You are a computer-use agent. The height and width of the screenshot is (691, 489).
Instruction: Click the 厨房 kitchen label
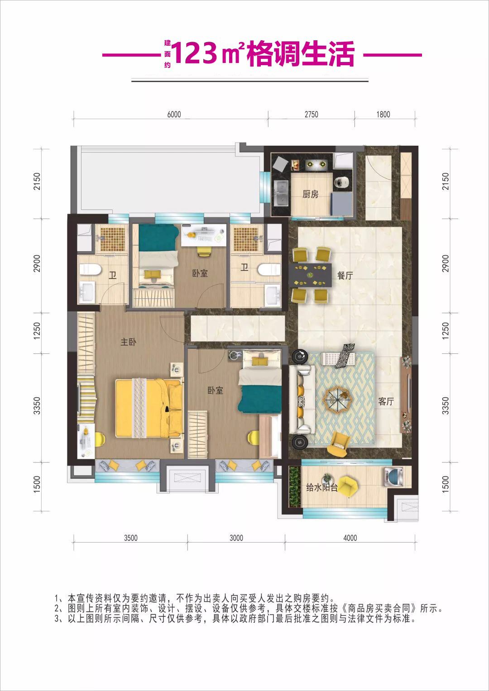pyautogui.click(x=310, y=194)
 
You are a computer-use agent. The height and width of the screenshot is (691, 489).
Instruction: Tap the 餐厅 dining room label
pyautogui.click(x=345, y=276)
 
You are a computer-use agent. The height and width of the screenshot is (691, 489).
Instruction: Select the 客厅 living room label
pyautogui.click(x=386, y=401)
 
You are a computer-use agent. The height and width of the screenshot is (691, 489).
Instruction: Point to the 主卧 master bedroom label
pyautogui.click(x=128, y=342)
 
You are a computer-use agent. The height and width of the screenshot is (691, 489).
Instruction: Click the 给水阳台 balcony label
pyautogui.click(x=321, y=488)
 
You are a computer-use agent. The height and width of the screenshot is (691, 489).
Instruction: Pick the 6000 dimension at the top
pyautogui.click(x=174, y=114)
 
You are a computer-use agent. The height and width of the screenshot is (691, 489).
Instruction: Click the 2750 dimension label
pyautogui.click(x=311, y=114)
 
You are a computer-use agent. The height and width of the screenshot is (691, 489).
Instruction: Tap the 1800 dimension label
pyautogui.click(x=383, y=114)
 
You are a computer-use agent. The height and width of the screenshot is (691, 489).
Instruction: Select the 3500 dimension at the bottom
pyautogui.click(x=130, y=538)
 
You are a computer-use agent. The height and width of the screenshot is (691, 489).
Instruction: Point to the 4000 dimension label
pyautogui.click(x=350, y=538)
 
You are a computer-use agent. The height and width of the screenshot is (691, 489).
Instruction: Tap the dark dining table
pyautogui.click(x=310, y=275)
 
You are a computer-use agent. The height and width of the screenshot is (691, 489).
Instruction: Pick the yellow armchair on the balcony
pyautogui.click(x=348, y=486)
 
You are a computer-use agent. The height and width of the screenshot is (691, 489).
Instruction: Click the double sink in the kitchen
pyautogui.click(x=281, y=192)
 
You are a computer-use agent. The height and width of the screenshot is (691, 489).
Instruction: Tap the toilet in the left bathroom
pyautogui.click(x=90, y=270)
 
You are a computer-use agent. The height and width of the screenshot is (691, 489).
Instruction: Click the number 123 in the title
pyautogui.click(x=195, y=53)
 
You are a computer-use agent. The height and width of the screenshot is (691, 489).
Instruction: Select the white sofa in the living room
pyautogui.click(x=301, y=400)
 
